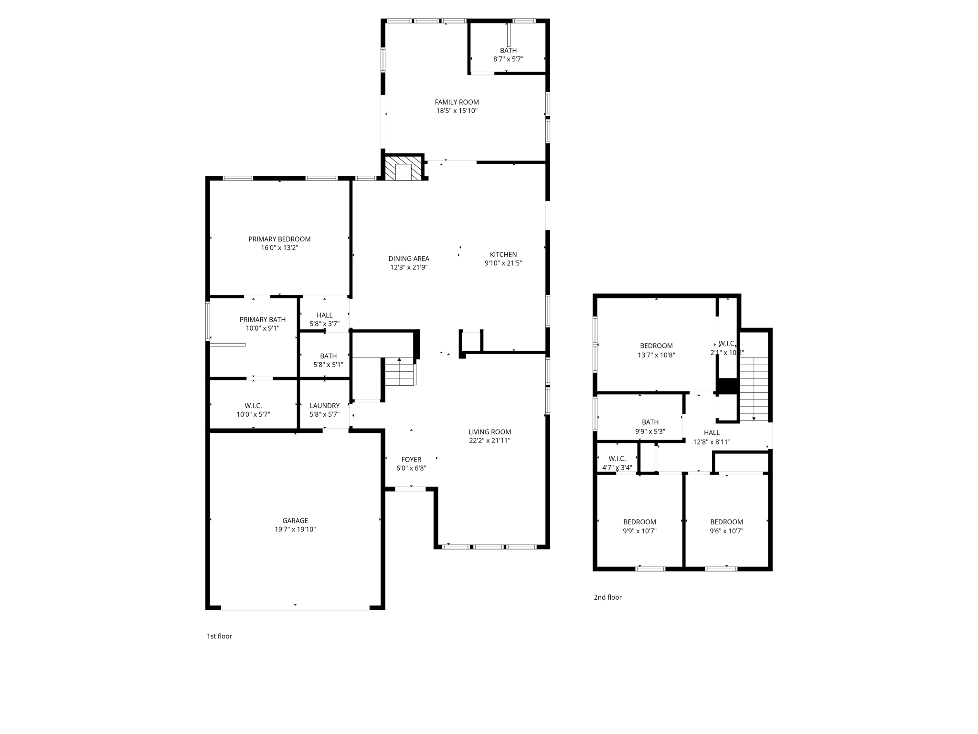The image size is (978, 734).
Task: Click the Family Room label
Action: [457, 102]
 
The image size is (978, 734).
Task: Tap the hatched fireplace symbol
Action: [404, 168]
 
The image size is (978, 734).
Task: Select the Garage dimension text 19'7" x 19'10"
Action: [295, 529]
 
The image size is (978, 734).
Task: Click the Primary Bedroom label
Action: [279, 239]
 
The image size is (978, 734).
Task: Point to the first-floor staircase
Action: [400, 371]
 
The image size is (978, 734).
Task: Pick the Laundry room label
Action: [325, 406]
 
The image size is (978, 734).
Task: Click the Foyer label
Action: [411, 460]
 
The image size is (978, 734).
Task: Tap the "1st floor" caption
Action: [219, 636]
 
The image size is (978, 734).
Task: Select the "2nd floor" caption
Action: [607, 597]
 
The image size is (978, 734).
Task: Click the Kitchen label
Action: [503, 255]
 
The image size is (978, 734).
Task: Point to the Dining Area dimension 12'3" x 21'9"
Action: [409, 268]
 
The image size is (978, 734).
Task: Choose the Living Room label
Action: [489, 432]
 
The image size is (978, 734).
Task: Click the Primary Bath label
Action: [263, 320]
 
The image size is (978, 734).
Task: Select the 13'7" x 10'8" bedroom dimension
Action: [656, 355]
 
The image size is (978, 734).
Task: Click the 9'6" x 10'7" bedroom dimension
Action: [726, 531]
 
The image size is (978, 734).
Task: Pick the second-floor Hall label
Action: [712, 433]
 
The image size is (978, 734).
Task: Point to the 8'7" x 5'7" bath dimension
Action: [508, 59]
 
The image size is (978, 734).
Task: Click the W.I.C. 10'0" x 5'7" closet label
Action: [253, 406]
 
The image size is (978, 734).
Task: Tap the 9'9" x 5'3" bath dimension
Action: [650, 432]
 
